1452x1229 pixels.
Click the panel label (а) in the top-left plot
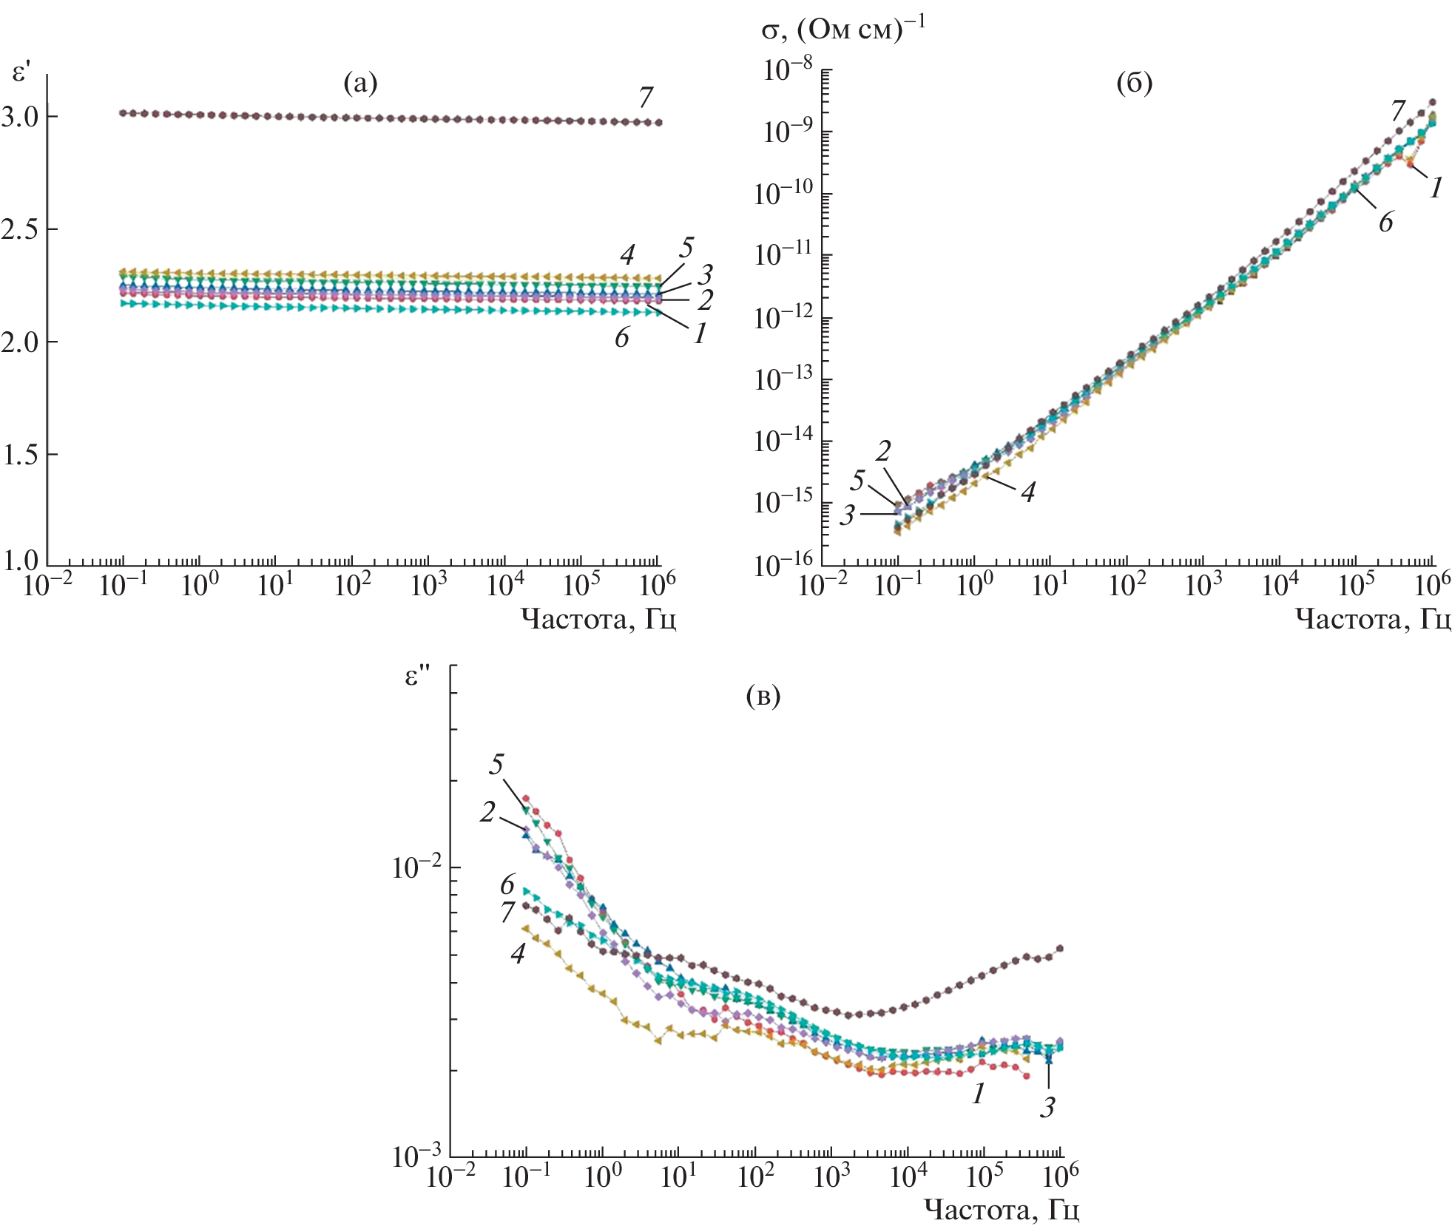click(360, 84)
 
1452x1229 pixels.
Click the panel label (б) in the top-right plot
click(1134, 84)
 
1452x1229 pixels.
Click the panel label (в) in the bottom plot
click(763, 695)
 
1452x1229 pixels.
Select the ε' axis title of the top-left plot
click(21, 72)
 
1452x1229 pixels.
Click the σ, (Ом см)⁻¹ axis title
click(843, 30)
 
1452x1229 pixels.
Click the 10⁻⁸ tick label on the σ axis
click(787, 71)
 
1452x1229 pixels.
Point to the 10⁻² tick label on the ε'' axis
click(416, 867)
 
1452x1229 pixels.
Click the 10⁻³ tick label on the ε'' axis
click(416, 1155)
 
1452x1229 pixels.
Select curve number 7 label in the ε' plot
click(646, 97)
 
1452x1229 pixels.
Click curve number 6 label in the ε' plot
click(621, 337)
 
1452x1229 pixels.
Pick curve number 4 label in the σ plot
click(1027, 492)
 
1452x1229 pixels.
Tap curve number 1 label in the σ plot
click(1436, 188)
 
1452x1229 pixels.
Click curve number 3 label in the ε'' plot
click(1047, 1107)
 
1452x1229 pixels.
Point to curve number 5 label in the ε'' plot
click(496, 764)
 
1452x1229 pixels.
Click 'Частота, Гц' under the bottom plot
click(1002, 1210)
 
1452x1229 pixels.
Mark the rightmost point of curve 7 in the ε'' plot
click(1060, 948)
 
